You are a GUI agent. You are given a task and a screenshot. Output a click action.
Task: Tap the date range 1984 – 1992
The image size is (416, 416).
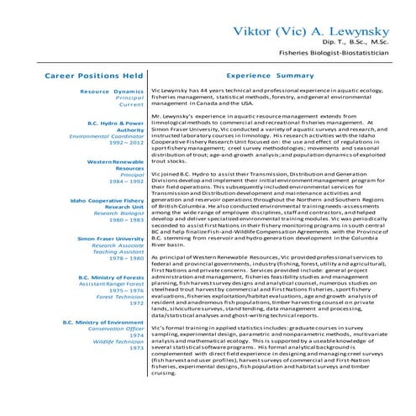pyautogui.click(x=128, y=181)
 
